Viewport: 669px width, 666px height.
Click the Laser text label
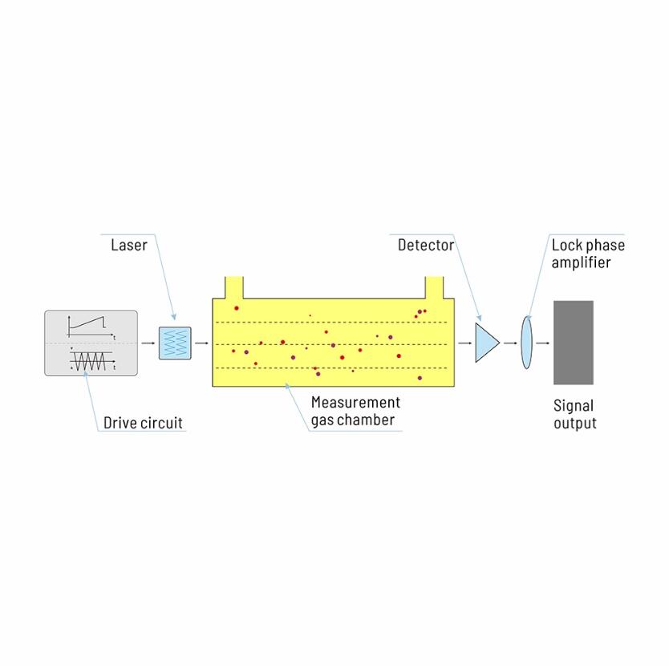(128, 246)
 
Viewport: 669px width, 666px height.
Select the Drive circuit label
(143, 423)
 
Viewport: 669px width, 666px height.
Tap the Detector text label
(425, 246)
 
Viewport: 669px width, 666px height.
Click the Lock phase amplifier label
(587, 254)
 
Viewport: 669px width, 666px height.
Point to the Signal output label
(574, 415)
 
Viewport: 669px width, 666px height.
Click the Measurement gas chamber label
(355, 411)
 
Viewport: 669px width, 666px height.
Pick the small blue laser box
(175, 343)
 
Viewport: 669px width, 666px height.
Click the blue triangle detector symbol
(486, 343)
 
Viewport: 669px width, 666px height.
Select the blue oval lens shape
(526, 343)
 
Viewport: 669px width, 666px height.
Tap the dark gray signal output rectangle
(573, 343)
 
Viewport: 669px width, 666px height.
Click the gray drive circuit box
(91, 343)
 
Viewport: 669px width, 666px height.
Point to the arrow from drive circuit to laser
(148, 343)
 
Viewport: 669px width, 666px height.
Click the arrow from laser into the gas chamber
(201, 343)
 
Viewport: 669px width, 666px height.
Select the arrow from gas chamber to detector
(464, 343)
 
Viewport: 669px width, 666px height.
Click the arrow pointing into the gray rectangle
(543, 343)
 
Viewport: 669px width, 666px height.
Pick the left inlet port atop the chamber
(233, 287)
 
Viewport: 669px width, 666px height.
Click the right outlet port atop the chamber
(434, 287)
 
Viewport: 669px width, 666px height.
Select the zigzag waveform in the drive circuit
(90, 360)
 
